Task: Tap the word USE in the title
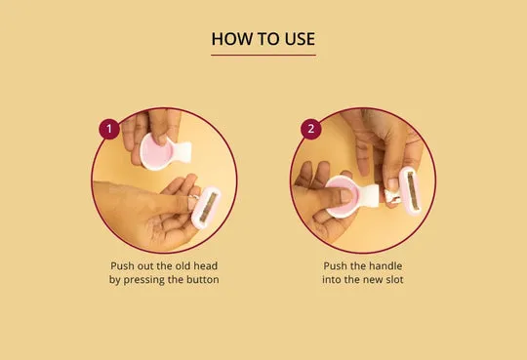[300, 39]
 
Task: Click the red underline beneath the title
[263, 55]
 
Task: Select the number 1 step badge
[109, 129]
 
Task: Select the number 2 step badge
[311, 129]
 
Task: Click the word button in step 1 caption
[203, 280]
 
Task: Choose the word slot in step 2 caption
[394, 280]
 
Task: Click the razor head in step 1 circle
[206, 208]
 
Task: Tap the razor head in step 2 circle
[410, 190]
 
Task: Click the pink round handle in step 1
[155, 151]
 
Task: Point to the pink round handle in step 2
[342, 197]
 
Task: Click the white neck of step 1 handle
[182, 153]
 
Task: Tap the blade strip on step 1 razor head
[207, 208]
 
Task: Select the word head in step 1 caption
[205, 266]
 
